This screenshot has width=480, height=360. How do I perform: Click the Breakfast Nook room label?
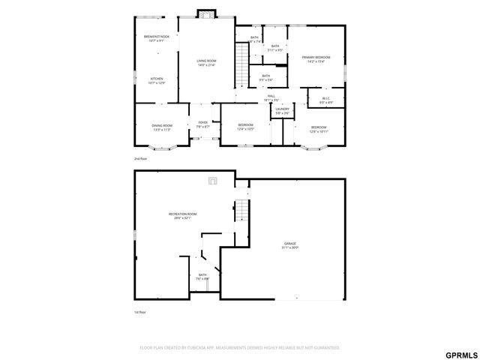[157, 37]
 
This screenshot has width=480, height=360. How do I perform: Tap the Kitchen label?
[157, 80]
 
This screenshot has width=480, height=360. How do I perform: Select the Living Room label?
[206, 62]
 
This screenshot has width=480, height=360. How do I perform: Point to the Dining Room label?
[163, 127]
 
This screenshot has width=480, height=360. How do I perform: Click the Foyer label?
[202, 124]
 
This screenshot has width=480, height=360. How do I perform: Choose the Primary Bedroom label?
[316, 58]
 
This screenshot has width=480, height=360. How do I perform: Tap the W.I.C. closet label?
[325, 100]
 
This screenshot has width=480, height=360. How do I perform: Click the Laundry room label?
[282, 111]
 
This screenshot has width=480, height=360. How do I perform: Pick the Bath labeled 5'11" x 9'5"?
[276, 48]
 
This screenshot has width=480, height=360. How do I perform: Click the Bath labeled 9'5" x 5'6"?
[265, 77]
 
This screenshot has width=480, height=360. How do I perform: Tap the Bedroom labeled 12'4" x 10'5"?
[245, 127]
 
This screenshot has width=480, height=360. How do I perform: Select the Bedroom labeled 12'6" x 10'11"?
[319, 129]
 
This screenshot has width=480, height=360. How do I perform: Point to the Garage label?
[289, 244]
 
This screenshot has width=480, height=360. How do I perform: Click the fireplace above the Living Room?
[205, 13]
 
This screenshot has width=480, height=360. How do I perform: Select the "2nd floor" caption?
[140, 160]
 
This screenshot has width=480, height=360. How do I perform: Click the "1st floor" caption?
[140, 312]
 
